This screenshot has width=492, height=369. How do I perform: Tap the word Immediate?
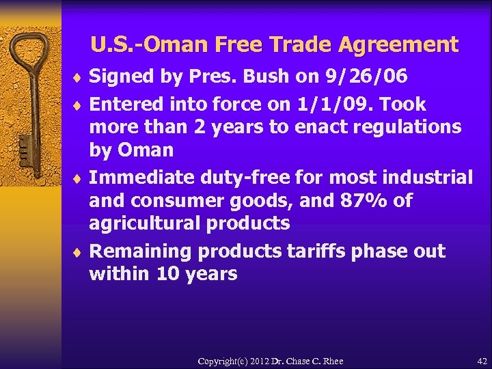(141, 178)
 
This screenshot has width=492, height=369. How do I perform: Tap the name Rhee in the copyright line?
(332, 361)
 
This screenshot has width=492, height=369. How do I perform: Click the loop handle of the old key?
(30, 55)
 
